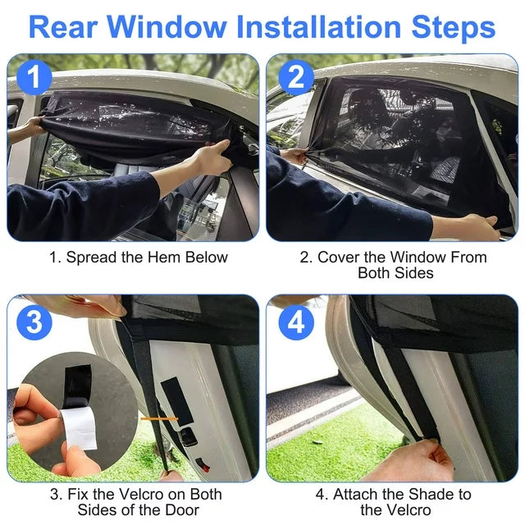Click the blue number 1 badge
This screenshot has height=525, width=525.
(34, 79)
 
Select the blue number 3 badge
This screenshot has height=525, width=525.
(34, 322)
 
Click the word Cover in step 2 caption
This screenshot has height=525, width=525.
(340, 257)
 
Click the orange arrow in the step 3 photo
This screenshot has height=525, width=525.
(153, 418)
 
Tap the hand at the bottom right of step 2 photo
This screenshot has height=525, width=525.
(480, 227)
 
